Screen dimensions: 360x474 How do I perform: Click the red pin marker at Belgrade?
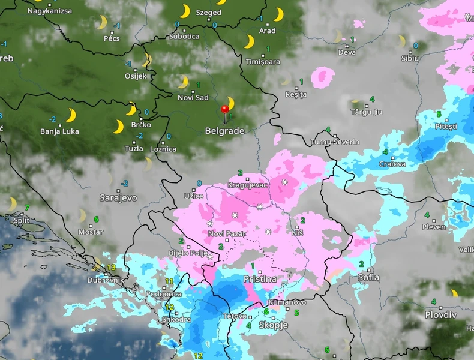coord(225,110)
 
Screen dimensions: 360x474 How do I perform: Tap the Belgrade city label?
coord(224,130)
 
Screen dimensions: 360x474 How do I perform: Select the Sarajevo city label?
coord(118,197)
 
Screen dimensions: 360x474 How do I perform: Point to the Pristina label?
coord(260,279)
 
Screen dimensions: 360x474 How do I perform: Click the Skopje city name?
coord(273,325)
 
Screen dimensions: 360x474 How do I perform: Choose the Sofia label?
coord(368,277)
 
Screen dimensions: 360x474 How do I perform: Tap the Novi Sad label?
coord(193,98)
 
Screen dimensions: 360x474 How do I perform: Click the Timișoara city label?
coord(263,62)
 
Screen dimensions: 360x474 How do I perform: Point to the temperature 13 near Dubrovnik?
coord(111,267)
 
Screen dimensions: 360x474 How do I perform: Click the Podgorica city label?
coord(164,294)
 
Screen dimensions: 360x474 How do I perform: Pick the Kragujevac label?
coord(247,185)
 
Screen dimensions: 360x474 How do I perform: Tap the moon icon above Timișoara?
coord(249,41)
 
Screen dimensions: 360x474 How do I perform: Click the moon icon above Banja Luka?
coord(71,115)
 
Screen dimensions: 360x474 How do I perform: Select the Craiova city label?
coord(392,164)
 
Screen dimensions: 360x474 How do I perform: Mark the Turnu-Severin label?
coord(335,142)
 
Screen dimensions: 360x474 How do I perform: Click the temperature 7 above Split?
coord(26,208)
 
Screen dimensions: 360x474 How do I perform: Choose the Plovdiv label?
coord(441,315)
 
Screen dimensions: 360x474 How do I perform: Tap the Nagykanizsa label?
coord(49,11)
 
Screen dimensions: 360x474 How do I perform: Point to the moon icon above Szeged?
coord(185,11)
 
